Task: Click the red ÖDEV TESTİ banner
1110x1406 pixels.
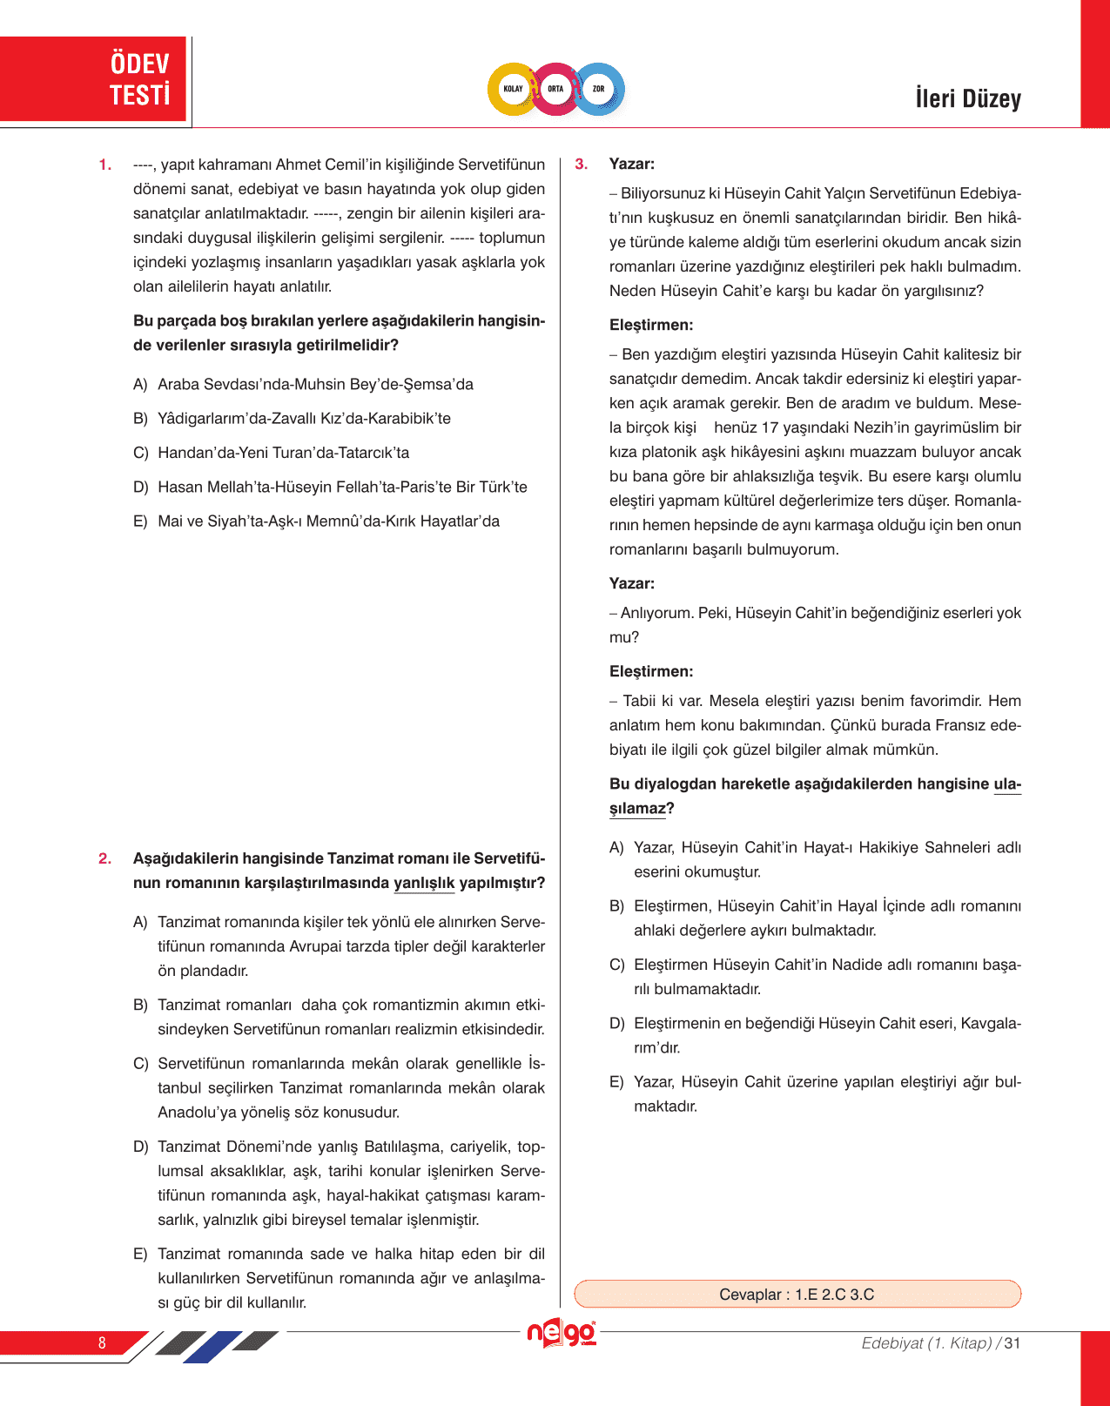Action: (94, 79)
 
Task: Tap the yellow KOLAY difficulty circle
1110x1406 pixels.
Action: (513, 89)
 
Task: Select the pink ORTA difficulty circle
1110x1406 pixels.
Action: (555, 89)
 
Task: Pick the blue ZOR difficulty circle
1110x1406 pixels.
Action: (599, 89)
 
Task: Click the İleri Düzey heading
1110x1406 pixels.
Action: (967, 98)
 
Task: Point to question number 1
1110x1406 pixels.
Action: (105, 165)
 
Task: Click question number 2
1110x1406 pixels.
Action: (105, 858)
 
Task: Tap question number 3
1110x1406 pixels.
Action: (582, 164)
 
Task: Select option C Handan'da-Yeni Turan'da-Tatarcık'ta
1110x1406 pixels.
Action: (283, 453)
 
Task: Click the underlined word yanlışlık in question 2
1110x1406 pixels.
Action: (424, 883)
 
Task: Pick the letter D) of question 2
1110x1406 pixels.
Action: (140, 1147)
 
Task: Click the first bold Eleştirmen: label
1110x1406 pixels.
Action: (651, 325)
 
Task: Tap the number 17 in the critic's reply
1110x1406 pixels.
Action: (770, 427)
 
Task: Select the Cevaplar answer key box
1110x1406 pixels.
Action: (797, 1294)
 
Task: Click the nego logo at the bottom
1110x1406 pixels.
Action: (562, 1333)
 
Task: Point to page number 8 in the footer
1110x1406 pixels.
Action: (102, 1342)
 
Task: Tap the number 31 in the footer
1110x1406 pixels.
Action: (1012, 1342)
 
